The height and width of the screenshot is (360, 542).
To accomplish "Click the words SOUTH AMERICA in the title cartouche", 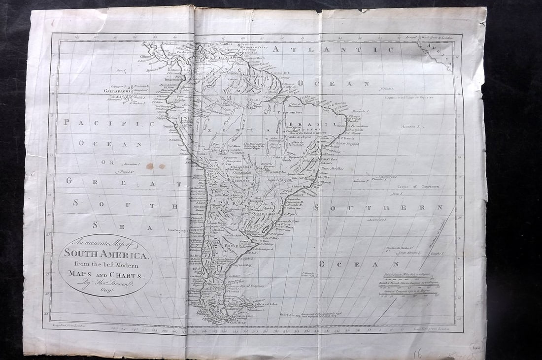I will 105,255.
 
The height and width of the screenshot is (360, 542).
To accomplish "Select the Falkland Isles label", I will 267,304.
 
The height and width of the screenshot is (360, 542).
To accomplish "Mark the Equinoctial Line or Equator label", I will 409,98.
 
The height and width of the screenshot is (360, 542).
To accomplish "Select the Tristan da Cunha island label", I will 399,247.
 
